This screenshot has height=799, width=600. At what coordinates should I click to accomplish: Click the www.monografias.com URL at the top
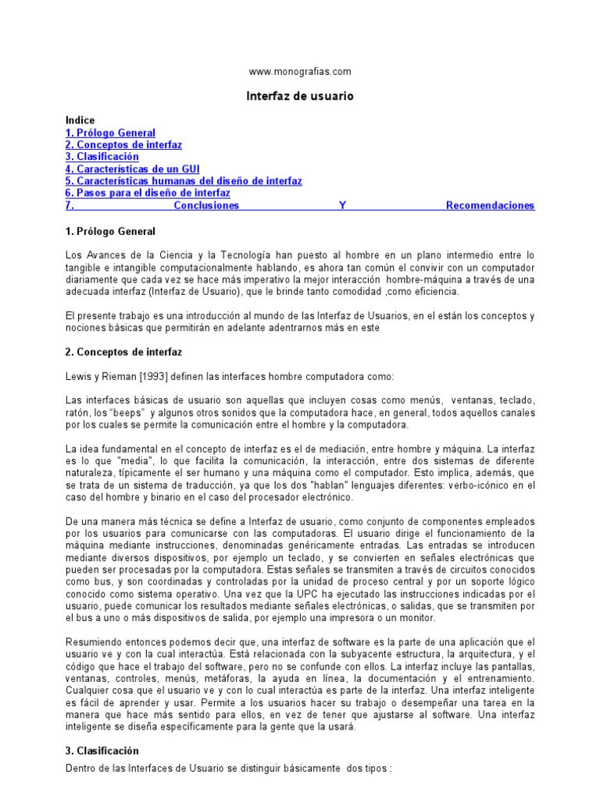(300, 71)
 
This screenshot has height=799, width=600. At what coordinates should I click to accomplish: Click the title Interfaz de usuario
(300, 96)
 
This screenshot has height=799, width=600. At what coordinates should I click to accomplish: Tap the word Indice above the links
(80, 120)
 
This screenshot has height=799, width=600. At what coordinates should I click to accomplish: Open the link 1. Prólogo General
(110, 133)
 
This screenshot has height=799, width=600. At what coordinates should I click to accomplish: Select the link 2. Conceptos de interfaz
(123, 145)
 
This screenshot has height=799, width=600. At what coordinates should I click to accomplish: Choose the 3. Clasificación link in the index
(102, 157)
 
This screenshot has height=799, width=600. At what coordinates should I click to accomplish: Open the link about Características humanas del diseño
(184, 181)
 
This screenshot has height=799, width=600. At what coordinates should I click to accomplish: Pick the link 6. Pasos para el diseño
(148, 193)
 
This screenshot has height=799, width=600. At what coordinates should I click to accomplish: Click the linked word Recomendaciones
(490, 205)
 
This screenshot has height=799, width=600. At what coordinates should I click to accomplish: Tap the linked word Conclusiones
(206, 205)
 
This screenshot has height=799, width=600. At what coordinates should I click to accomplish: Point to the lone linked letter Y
(342, 205)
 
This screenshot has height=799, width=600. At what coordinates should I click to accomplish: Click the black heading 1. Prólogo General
(110, 231)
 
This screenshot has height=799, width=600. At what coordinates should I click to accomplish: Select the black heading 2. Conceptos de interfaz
(123, 353)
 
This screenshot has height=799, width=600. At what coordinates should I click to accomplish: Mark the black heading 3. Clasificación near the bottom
(102, 751)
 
